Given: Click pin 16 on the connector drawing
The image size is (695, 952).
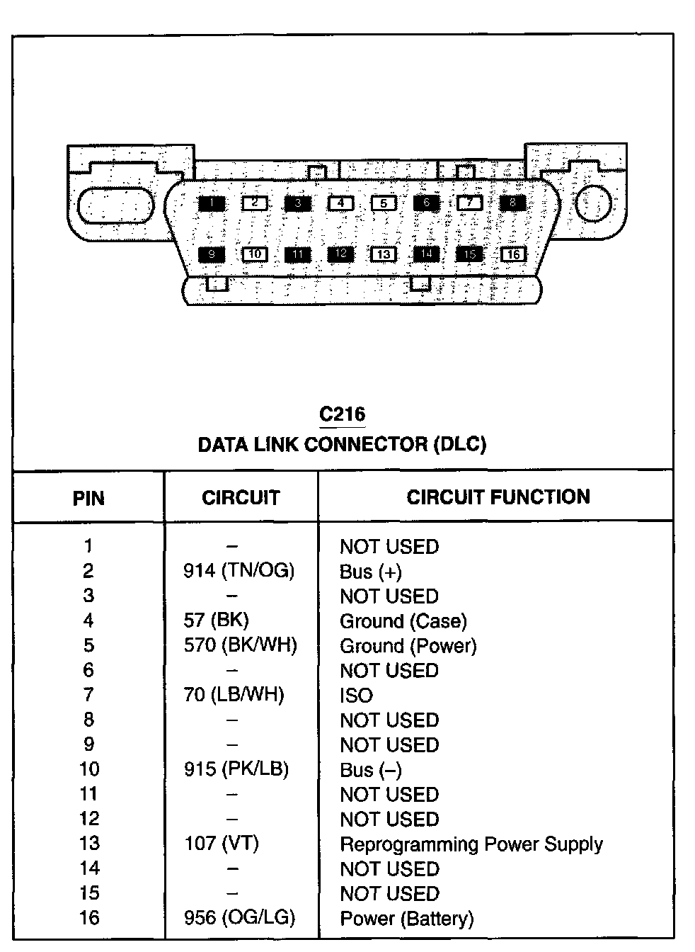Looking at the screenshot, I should point(513,254).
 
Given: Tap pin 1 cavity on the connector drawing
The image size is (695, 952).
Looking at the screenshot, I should point(212,204).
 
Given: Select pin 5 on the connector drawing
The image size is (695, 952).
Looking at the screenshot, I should point(384,204).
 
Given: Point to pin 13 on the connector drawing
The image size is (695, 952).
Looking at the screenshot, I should point(384,254).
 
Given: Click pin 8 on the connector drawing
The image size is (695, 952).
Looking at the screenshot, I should point(512,204).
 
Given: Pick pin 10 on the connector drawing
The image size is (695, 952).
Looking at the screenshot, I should point(255,254).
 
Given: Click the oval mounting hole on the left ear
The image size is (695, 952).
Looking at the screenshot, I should point(115,206).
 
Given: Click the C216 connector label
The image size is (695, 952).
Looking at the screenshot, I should point(343,414).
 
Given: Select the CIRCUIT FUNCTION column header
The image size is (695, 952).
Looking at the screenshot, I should point(498,497).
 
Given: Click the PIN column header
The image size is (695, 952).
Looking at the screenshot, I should point(88,499).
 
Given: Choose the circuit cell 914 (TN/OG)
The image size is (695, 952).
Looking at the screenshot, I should point(239,571).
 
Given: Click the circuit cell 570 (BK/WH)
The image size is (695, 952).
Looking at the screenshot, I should point(240,645).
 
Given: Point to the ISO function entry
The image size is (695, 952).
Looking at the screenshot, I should point(356,696).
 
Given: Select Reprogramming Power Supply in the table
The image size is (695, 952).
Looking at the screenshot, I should point(471,844).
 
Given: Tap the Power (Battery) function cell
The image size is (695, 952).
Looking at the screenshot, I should point(406,919).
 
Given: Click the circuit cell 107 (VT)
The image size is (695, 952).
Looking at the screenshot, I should point(222,844).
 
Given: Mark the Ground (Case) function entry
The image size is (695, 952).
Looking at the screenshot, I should point(403,621).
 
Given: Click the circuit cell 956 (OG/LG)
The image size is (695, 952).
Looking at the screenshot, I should point(239,918).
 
